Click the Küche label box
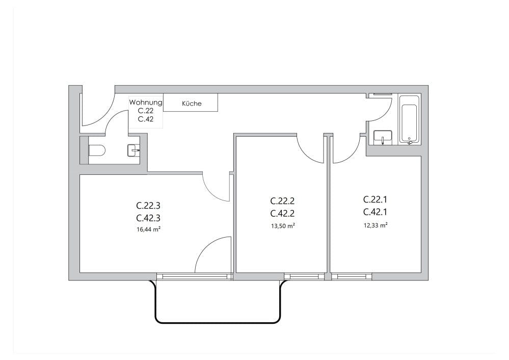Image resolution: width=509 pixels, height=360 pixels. tap(192, 103)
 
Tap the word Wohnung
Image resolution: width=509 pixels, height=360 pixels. tap(146, 102)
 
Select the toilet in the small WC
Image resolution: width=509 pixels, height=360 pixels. tap(97, 150)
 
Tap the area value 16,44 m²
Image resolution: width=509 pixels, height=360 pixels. tap(148, 230)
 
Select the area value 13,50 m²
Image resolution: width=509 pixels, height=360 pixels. tap(282, 225)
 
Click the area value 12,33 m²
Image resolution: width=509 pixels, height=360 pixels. tap(376, 224)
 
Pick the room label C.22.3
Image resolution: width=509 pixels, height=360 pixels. tap(148, 206)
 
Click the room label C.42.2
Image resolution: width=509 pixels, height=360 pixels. tap(282, 213)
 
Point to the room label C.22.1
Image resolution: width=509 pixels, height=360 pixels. tap(376, 199)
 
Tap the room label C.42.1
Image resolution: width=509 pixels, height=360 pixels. tap(376, 212)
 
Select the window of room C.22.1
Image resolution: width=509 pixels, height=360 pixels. tap(352, 276)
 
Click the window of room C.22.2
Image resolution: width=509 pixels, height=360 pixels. tap(304, 276)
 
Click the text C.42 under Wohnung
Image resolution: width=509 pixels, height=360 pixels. tap(146, 119)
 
